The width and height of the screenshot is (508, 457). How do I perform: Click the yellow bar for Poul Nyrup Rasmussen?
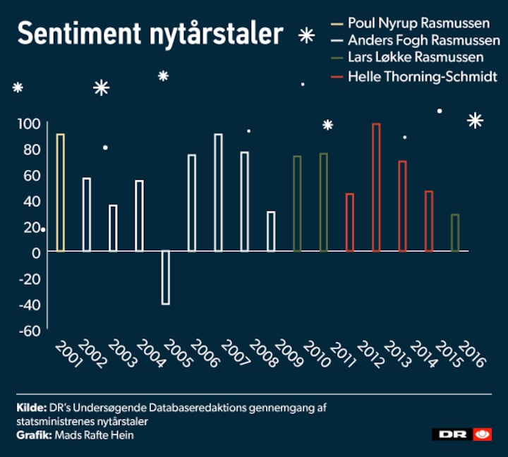coord(61,193)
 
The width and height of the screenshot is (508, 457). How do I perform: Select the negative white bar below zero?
coord(166,278)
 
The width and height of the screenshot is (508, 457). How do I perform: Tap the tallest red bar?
coord(376,188)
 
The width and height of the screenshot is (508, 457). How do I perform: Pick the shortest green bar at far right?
coord(455,233)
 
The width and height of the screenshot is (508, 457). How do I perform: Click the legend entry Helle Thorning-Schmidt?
coord(423,77)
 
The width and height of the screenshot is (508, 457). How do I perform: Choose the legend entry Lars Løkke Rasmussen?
coord(416,57)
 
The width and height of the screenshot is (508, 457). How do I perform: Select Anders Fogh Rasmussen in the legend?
coord(424,40)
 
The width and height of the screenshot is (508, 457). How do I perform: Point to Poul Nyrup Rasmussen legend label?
coord(419,23)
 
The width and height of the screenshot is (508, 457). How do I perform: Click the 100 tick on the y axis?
coord(29,123)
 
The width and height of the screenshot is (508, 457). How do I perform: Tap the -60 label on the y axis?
coord(30,331)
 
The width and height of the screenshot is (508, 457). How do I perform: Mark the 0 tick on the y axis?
coord(36,253)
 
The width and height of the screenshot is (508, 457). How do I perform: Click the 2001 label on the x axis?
coord(68,355)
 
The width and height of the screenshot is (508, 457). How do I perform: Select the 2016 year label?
coord(473,353)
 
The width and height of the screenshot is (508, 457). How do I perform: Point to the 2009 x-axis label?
coord(289,353)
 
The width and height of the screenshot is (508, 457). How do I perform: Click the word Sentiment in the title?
coord(79,34)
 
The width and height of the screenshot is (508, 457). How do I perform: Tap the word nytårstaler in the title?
coord(216,35)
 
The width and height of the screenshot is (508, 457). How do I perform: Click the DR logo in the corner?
coord(461,434)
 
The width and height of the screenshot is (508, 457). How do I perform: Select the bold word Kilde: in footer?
coord(32,408)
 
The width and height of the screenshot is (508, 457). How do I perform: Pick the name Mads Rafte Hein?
coord(94,435)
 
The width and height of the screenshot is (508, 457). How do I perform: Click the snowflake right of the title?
coord(306,35)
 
